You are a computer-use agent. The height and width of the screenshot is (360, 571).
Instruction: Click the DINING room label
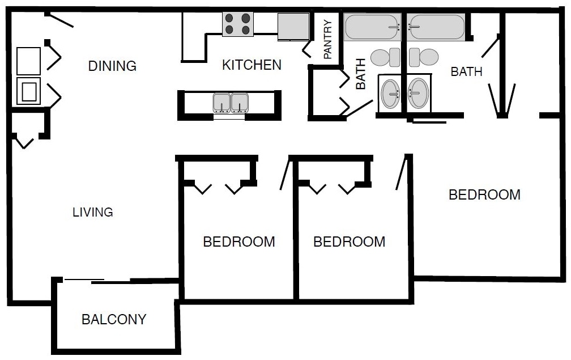[x=112, y=66]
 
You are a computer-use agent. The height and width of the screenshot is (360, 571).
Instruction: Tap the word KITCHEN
[x=252, y=65]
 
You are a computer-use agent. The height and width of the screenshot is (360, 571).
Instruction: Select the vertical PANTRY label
[x=327, y=40]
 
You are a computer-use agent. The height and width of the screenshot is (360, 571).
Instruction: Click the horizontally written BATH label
[x=466, y=72]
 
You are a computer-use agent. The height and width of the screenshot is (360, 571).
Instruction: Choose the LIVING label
[x=93, y=213]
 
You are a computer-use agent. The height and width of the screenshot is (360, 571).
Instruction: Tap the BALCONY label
[x=114, y=320]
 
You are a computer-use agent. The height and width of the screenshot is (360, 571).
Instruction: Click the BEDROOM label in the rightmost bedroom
[x=484, y=195]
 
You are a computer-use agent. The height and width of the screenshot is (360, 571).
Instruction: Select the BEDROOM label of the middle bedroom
[x=349, y=242]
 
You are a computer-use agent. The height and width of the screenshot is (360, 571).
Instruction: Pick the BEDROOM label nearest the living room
[x=239, y=242]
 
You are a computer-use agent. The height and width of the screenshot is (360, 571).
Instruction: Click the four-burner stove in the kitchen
[x=237, y=24]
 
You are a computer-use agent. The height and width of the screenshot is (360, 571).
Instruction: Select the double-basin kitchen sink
[x=231, y=103]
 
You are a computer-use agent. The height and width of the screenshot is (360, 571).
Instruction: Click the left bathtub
[x=372, y=27]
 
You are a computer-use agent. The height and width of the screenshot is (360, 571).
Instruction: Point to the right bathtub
[x=437, y=27]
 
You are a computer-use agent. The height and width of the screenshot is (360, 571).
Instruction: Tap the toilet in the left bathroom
[x=385, y=57]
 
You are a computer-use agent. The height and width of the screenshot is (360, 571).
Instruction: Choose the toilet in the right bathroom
[x=424, y=57]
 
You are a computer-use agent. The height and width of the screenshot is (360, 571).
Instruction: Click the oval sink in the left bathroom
[x=390, y=94]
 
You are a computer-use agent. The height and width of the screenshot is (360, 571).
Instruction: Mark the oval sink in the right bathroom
[x=419, y=93]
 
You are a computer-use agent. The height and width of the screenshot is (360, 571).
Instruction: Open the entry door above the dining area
[x=59, y=19]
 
